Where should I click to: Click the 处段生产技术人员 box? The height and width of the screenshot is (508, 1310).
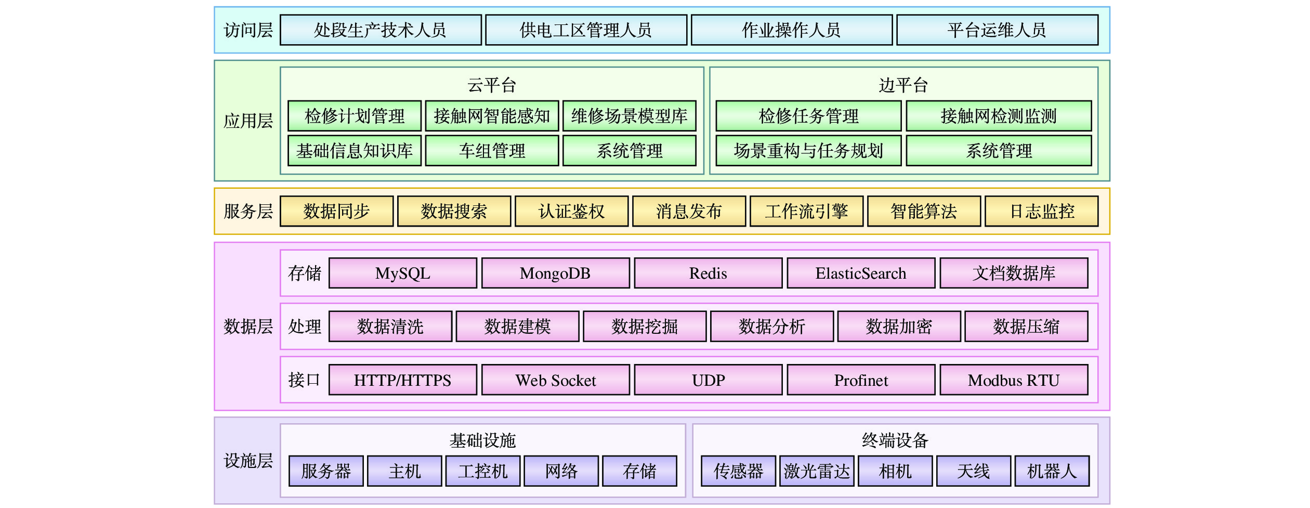[x=381, y=30]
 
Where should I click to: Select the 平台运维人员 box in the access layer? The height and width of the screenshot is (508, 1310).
[x=997, y=30]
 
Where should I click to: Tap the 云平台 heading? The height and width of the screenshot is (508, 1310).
[x=492, y=85]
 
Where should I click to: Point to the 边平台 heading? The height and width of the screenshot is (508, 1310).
[x=903, y=85]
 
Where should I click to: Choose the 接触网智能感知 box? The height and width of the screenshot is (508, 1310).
[x=492, y=116]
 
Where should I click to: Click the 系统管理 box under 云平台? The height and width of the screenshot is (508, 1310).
[x=630, y=151]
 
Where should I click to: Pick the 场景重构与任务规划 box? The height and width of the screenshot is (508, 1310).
[x=808, y=151]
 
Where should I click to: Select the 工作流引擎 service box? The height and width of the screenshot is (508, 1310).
[x=806, y=211]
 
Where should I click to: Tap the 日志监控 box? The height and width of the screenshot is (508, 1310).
[x=1041, y=211]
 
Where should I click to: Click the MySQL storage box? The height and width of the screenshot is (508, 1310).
[x=403, y=273]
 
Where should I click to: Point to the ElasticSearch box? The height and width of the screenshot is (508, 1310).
[x=861, y=273]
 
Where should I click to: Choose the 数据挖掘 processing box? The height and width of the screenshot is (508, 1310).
[x=645, y=327]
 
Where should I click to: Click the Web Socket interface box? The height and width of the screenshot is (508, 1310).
[x=556, y=380]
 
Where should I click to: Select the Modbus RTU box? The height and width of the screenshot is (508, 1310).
[x=1014, y=380]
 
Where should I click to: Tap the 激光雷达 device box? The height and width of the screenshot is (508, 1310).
[x=817, y=471]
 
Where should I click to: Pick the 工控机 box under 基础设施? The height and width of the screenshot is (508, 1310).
[x=483, y=471]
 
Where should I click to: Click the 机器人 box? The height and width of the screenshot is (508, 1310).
[x=1052, y=471]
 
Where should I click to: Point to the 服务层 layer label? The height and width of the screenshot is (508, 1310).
[x=248, y=211]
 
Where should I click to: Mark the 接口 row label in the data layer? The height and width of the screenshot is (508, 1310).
[x=304, y=380]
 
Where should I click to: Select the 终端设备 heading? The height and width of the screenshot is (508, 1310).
[x=895, y=440]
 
